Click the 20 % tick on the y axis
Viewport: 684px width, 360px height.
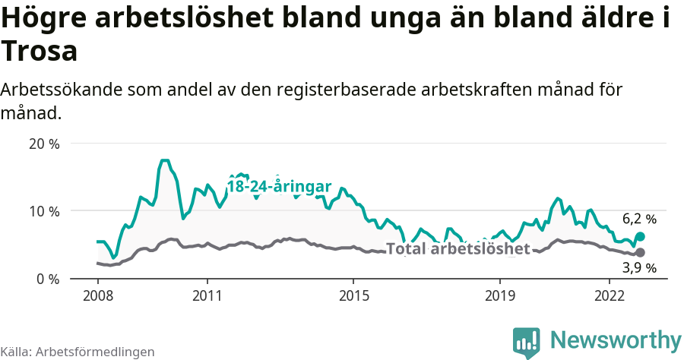(x=43, y=144)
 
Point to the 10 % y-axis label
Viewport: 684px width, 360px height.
(x=43, y=211)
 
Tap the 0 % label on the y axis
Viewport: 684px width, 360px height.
(x=47, y=279)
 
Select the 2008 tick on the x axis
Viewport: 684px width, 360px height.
(x=97, y=295)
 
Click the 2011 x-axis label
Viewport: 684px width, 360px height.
(x=207, y=295)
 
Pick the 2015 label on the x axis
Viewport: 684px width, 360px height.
(x=353, y=295)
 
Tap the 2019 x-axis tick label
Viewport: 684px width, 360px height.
(x=500, y=295)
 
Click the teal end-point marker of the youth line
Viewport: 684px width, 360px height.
(x=640, y=237)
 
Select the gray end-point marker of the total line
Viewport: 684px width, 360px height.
(x=640, y=252)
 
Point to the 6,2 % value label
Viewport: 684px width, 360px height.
(x=639, y=219)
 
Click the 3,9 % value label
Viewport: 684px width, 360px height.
(x=639, y=267)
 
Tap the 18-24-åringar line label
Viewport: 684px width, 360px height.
(x=279, y=187)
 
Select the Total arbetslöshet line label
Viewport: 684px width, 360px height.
(x=458, y=248)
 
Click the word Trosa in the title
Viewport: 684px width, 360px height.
(x=40, y=52)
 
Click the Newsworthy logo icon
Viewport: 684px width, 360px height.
(x=526, y=343)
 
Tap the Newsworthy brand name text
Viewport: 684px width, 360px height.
(x=616, y=339)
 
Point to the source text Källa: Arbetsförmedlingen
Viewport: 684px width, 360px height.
(x=78, y=352)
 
